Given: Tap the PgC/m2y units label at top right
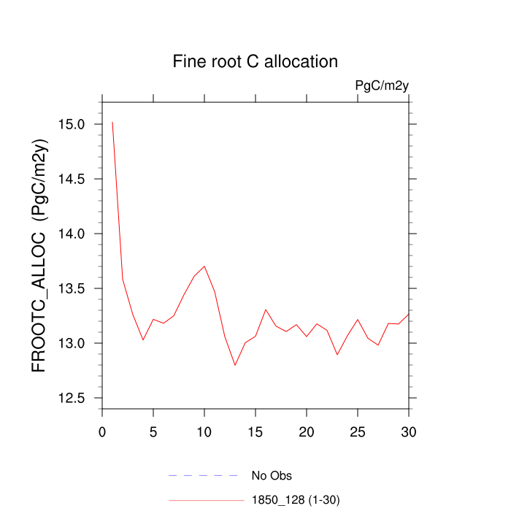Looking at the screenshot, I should click(381, 86).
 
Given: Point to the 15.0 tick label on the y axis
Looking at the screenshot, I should click(72, 124).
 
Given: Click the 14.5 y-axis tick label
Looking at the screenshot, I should click(72, 179).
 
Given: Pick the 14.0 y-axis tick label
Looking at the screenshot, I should click(72, 234).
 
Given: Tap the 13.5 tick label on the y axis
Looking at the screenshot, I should click(72, 288).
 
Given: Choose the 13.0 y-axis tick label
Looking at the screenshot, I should click(72, 343).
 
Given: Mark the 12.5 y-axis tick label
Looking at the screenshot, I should click(72, 398).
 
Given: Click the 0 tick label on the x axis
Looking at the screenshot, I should click(102, 432).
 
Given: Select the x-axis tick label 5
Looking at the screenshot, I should click(153, 432).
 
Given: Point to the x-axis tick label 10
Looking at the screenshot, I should click(204, 432).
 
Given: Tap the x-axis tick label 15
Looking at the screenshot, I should click(255, 432).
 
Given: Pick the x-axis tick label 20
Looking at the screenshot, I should click(307, 432).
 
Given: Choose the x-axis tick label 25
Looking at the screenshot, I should click(358, 432).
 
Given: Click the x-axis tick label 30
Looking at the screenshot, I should click(409, 432).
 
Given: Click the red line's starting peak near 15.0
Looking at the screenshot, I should click(112, 123).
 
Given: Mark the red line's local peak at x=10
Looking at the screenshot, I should click(204, 266).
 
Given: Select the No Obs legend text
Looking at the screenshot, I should click(272, 476).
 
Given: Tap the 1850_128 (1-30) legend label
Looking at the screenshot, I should click(296, 500).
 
